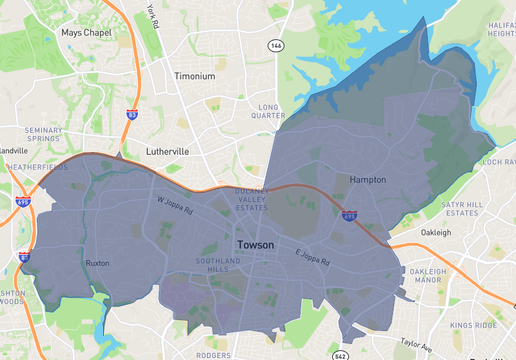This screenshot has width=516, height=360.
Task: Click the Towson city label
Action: click(x=256, y=244)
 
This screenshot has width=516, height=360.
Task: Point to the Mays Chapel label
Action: click(x=85, y=32)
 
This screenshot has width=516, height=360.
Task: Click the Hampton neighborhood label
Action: click(x=368, y=179)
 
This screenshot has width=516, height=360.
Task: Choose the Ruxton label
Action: click(x=98, y=264)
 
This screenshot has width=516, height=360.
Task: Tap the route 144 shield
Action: click(x=275, y=46)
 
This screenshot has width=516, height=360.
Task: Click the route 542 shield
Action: click(x=340, y=355)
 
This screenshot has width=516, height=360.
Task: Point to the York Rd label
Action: click(x=152, y=15)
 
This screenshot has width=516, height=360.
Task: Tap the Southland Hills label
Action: click(x=211, y=264)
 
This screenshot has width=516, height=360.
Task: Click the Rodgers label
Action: click(x=213, y=354)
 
